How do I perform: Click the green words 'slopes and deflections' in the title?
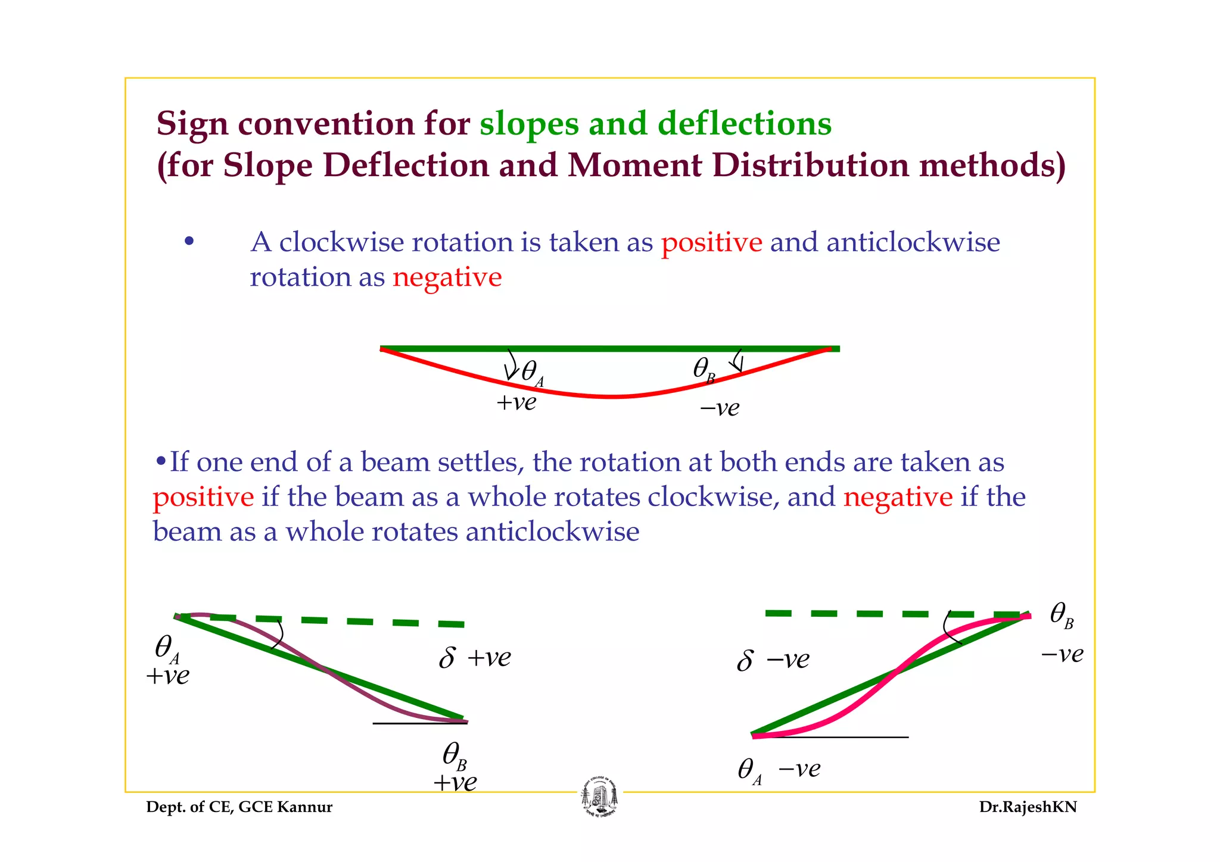coord(655,124)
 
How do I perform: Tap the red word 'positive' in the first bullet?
coord(711,242)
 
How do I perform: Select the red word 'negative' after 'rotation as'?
coord(447,277)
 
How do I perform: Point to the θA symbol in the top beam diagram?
coord(531,373)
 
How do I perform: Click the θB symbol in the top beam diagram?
coord(704,370)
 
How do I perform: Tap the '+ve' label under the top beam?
coord(516,402)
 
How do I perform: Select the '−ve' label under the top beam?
coord(719,408)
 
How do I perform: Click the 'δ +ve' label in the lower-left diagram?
coord(474,658)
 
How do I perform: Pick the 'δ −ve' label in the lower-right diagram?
coord(773,660)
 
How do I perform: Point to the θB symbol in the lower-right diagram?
coord(1062,614)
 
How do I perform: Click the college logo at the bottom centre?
coord(599,798)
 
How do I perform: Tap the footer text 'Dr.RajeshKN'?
coord(1028,807)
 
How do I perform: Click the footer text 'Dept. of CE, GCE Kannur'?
coord(239,807)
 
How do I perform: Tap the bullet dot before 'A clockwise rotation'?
coord(189,242)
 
